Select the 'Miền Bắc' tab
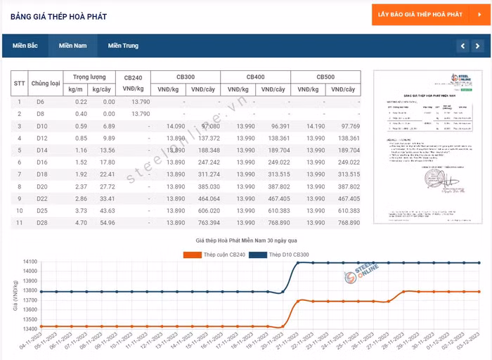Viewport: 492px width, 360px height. click(25, 46)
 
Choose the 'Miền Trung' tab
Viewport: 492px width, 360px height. click(123, 46)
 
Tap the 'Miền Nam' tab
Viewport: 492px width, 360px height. click(72, 46)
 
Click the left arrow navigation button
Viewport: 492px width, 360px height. click(462, 46)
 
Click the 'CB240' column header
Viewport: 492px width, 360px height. click(133, 83)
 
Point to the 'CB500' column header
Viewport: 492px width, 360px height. click(325, 77)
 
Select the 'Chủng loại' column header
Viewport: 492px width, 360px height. click(46, 83)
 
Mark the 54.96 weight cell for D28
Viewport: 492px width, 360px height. click(105, 222)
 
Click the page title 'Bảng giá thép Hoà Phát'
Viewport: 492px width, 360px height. click(58, 16)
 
